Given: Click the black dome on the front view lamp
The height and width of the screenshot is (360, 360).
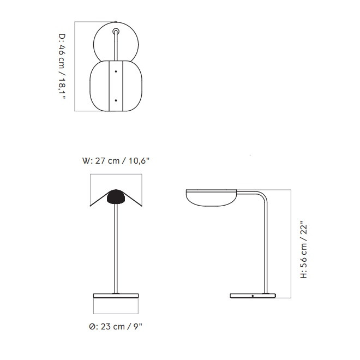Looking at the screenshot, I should coord(116,196).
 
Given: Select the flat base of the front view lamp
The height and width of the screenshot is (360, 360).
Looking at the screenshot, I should coord(116,295).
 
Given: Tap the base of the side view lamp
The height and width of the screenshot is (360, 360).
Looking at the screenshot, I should coord(253,295).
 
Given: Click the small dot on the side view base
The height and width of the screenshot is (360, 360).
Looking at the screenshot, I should coord(253,295).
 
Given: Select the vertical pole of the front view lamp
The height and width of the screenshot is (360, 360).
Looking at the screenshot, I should coord(116,245).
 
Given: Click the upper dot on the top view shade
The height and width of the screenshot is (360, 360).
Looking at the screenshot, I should coord(116,71).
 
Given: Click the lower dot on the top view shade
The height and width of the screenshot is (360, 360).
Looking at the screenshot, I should coord(116,100).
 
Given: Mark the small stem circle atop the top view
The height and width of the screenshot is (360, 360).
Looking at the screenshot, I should coord(116,31).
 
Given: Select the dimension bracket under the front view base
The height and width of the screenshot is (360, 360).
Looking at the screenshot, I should coord(116,313).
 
